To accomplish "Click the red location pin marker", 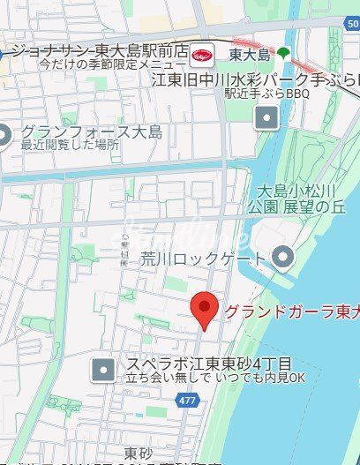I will [x=205, y=309].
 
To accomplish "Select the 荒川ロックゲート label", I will [x=191, y=259].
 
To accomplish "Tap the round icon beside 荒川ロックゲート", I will [x=282, y=258].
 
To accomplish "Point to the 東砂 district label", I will [x=138, y=453].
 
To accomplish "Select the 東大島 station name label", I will [x=248, y=54].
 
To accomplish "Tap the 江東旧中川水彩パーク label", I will [x=255, y=79].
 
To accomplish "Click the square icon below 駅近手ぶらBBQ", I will [x=266, y=117].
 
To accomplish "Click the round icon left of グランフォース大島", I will [x=4, y=135].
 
